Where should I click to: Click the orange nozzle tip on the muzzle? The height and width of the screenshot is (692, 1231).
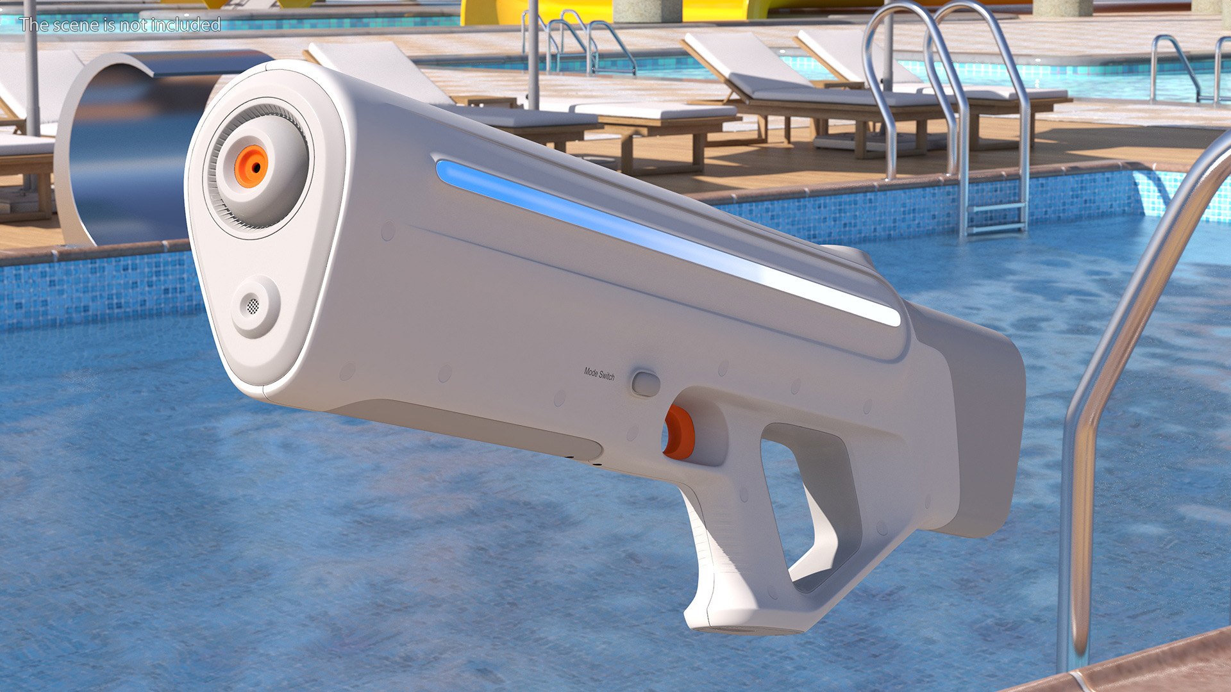pos(251,167)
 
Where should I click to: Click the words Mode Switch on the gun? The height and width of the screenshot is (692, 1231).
pos(599,374)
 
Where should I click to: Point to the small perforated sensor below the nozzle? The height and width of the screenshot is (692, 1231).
pos(254,306)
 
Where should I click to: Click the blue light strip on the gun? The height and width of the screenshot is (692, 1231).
pos(641,237)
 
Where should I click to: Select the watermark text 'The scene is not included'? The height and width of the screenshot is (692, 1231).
pos(119,25)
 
